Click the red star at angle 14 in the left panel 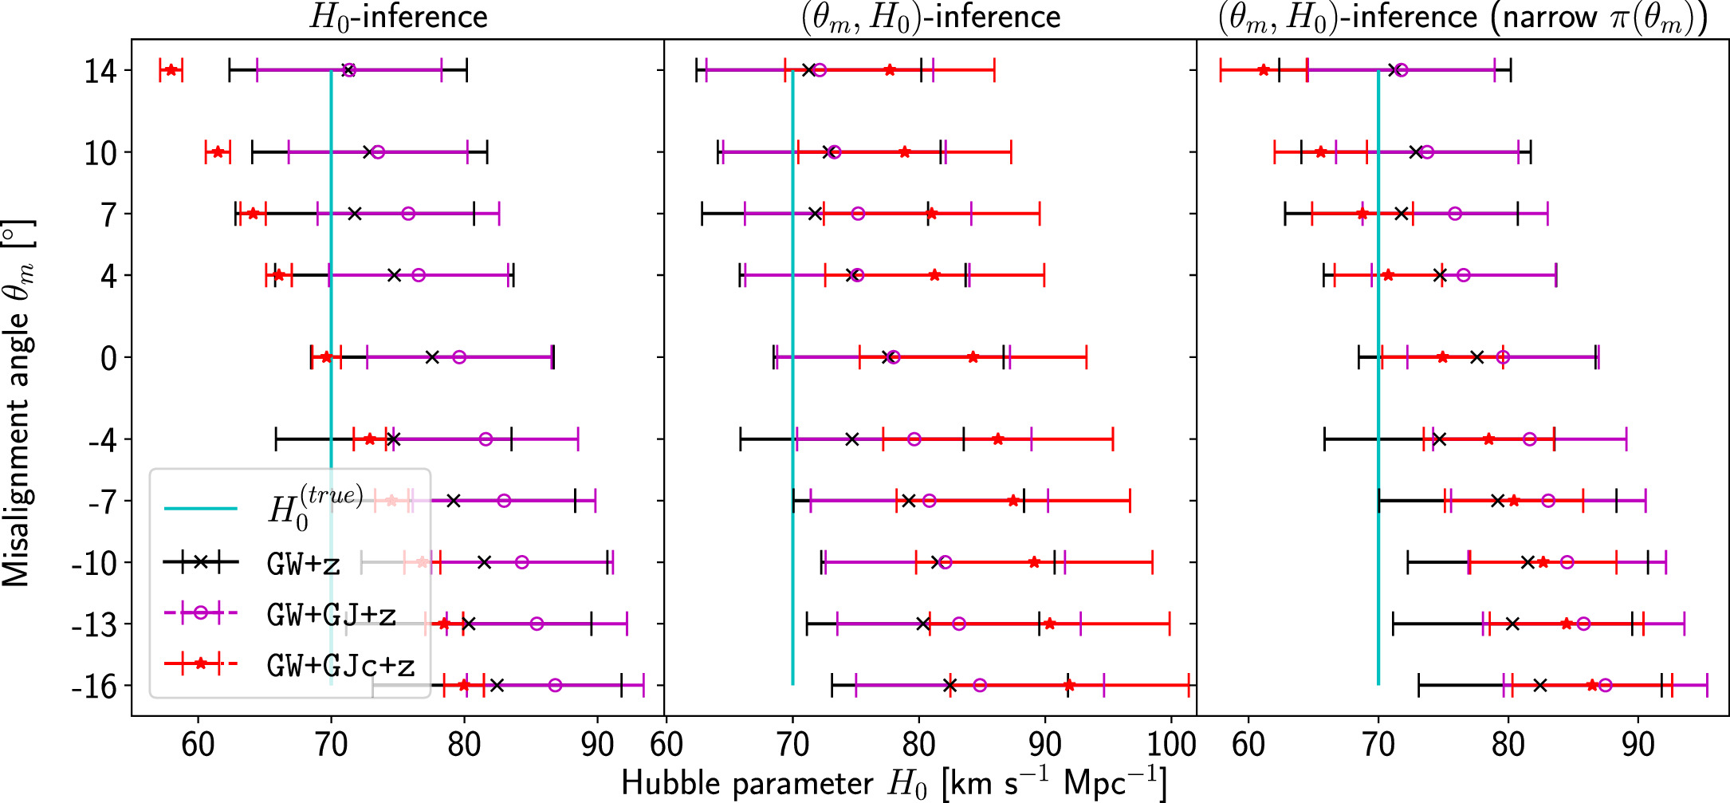point(171,70)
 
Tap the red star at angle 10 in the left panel point(218,152)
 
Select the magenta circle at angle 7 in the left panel point(408,214)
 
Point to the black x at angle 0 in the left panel point(432,357)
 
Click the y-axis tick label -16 point(94,686)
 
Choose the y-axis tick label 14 point(101,72)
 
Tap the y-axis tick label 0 point(109,358)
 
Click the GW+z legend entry point(304,564)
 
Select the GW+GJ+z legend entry point(331,615)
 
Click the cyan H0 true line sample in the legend point(201,509)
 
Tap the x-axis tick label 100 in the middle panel point(1170,743)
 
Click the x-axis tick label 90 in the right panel point(1638,743)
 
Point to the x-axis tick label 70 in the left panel point(331,743)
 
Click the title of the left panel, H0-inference point(398,17)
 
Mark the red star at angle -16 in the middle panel point(1069,686)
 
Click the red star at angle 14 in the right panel point(1264,70)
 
